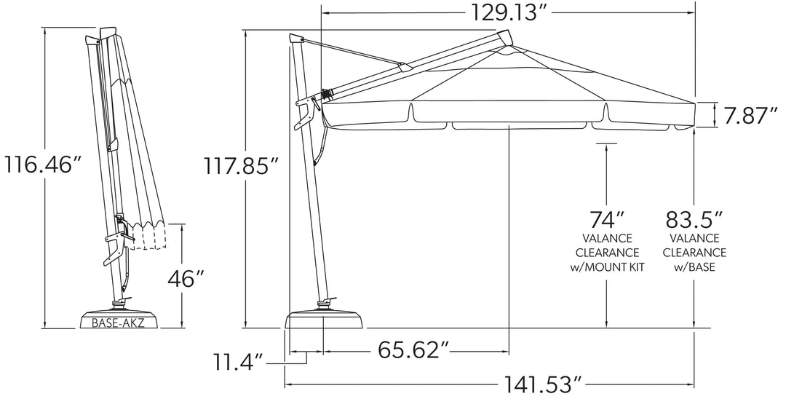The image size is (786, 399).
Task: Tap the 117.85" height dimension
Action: coord(241,165)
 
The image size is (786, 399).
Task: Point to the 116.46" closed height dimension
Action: coord(43,164)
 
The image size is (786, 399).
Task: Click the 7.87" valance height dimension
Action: coord(750,116)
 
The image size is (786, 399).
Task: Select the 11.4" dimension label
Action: coord(238,363)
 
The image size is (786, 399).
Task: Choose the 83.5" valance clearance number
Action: coord(694,220)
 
